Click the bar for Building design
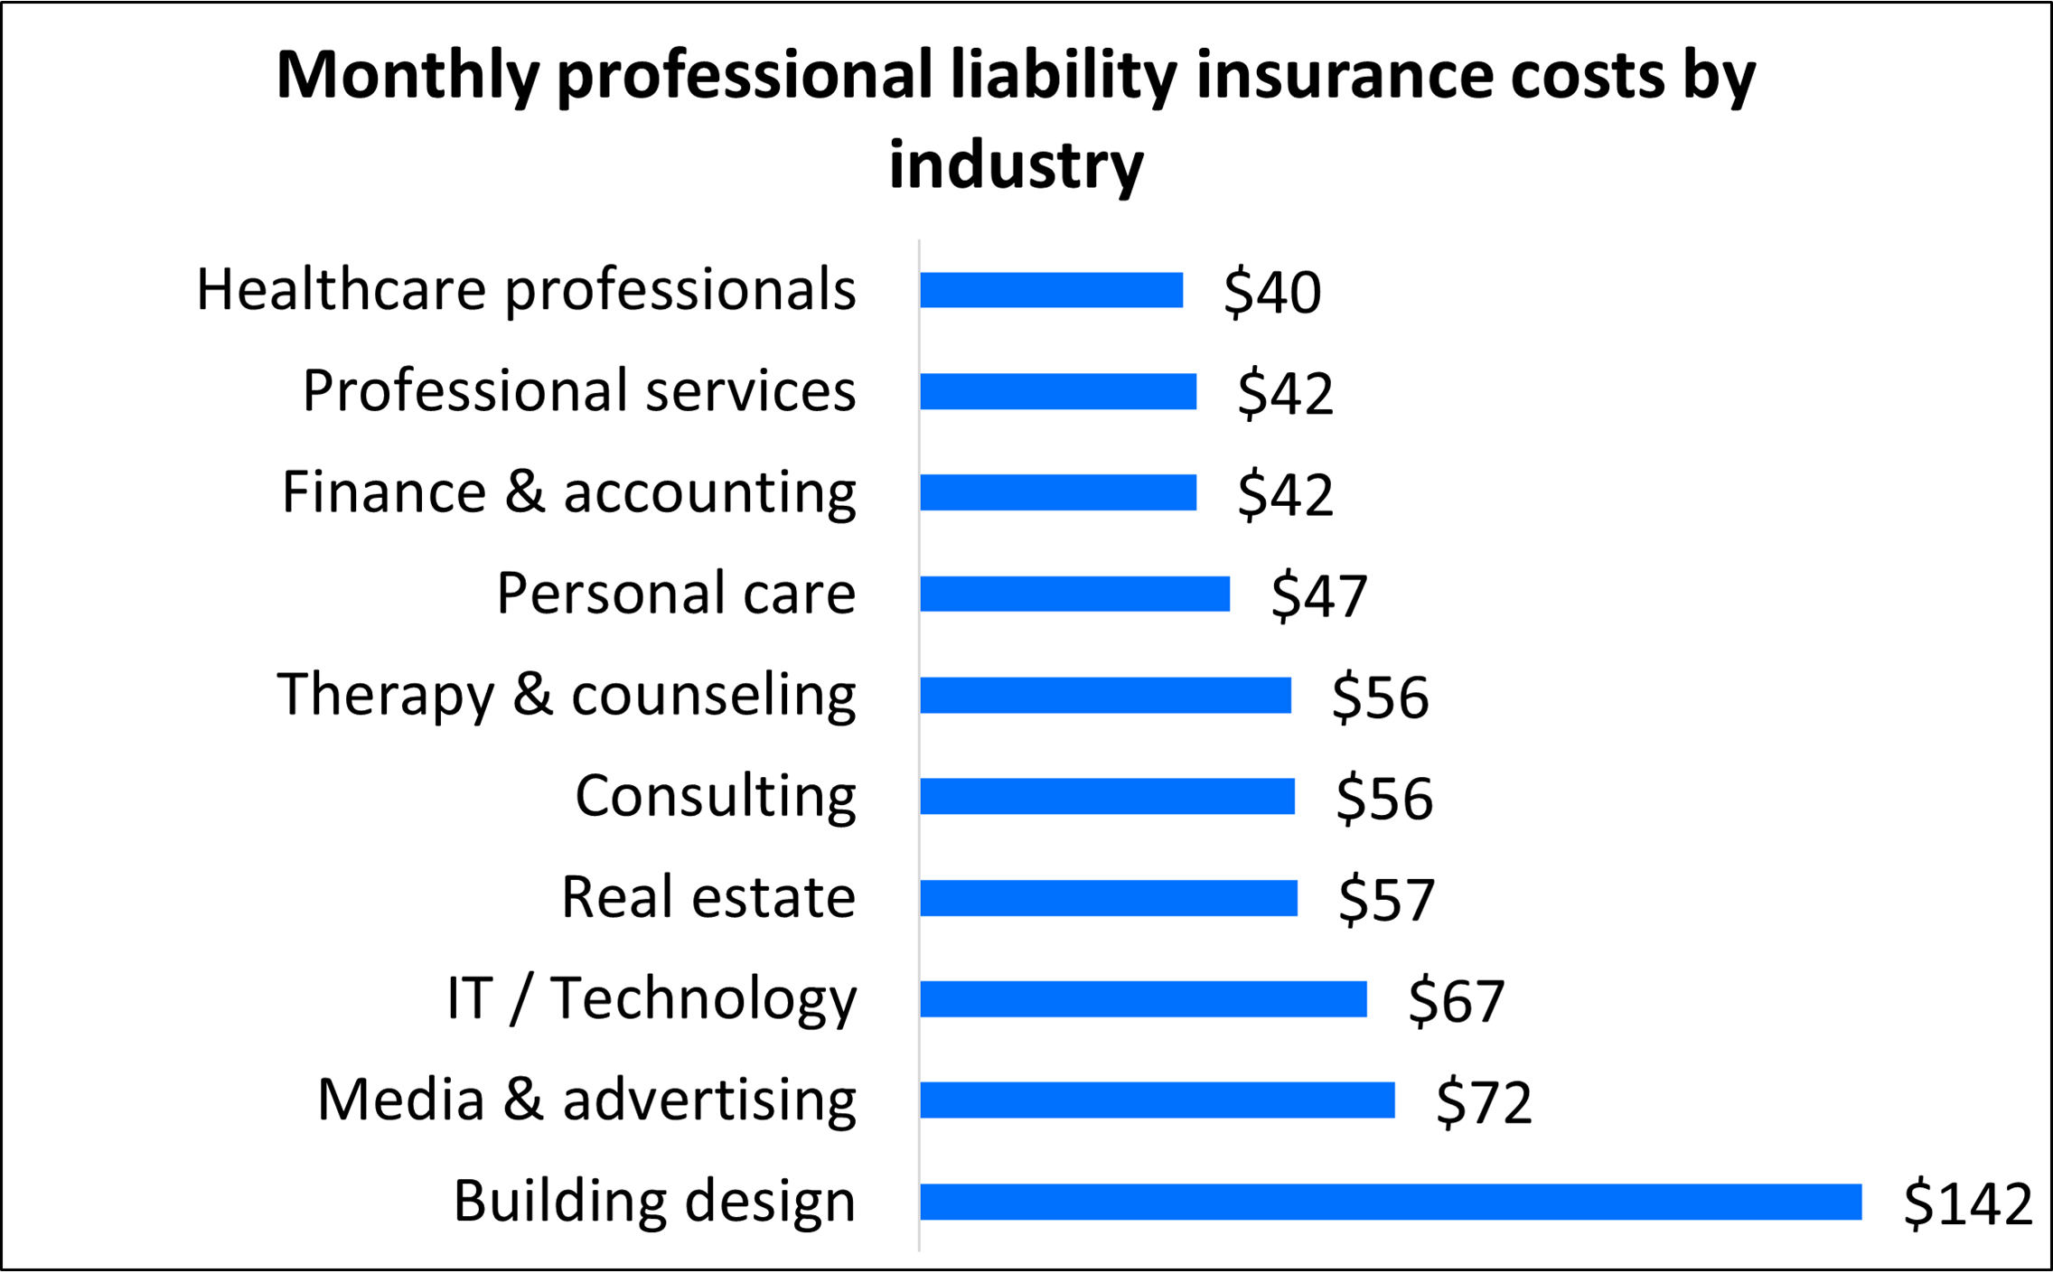coord(1390,1202)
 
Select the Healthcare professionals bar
coord(1051,290)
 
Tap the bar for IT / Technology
coord(1143,999)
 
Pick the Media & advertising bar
coord(1157,1100)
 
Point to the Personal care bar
coord(1074,594)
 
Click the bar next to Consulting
coord(1107,797)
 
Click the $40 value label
coord(1272,293)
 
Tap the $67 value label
coord(1456,1001)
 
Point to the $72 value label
coord(1484,1102)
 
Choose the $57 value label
coord(1386,900)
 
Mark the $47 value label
coord(1319,596)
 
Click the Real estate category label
coord(708,897)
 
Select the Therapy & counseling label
coord(567,695)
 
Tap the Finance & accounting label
coord(568,492)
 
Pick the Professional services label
coord(578,391)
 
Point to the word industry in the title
coord(1016,166)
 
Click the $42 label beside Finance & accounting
coord(1285,495)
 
